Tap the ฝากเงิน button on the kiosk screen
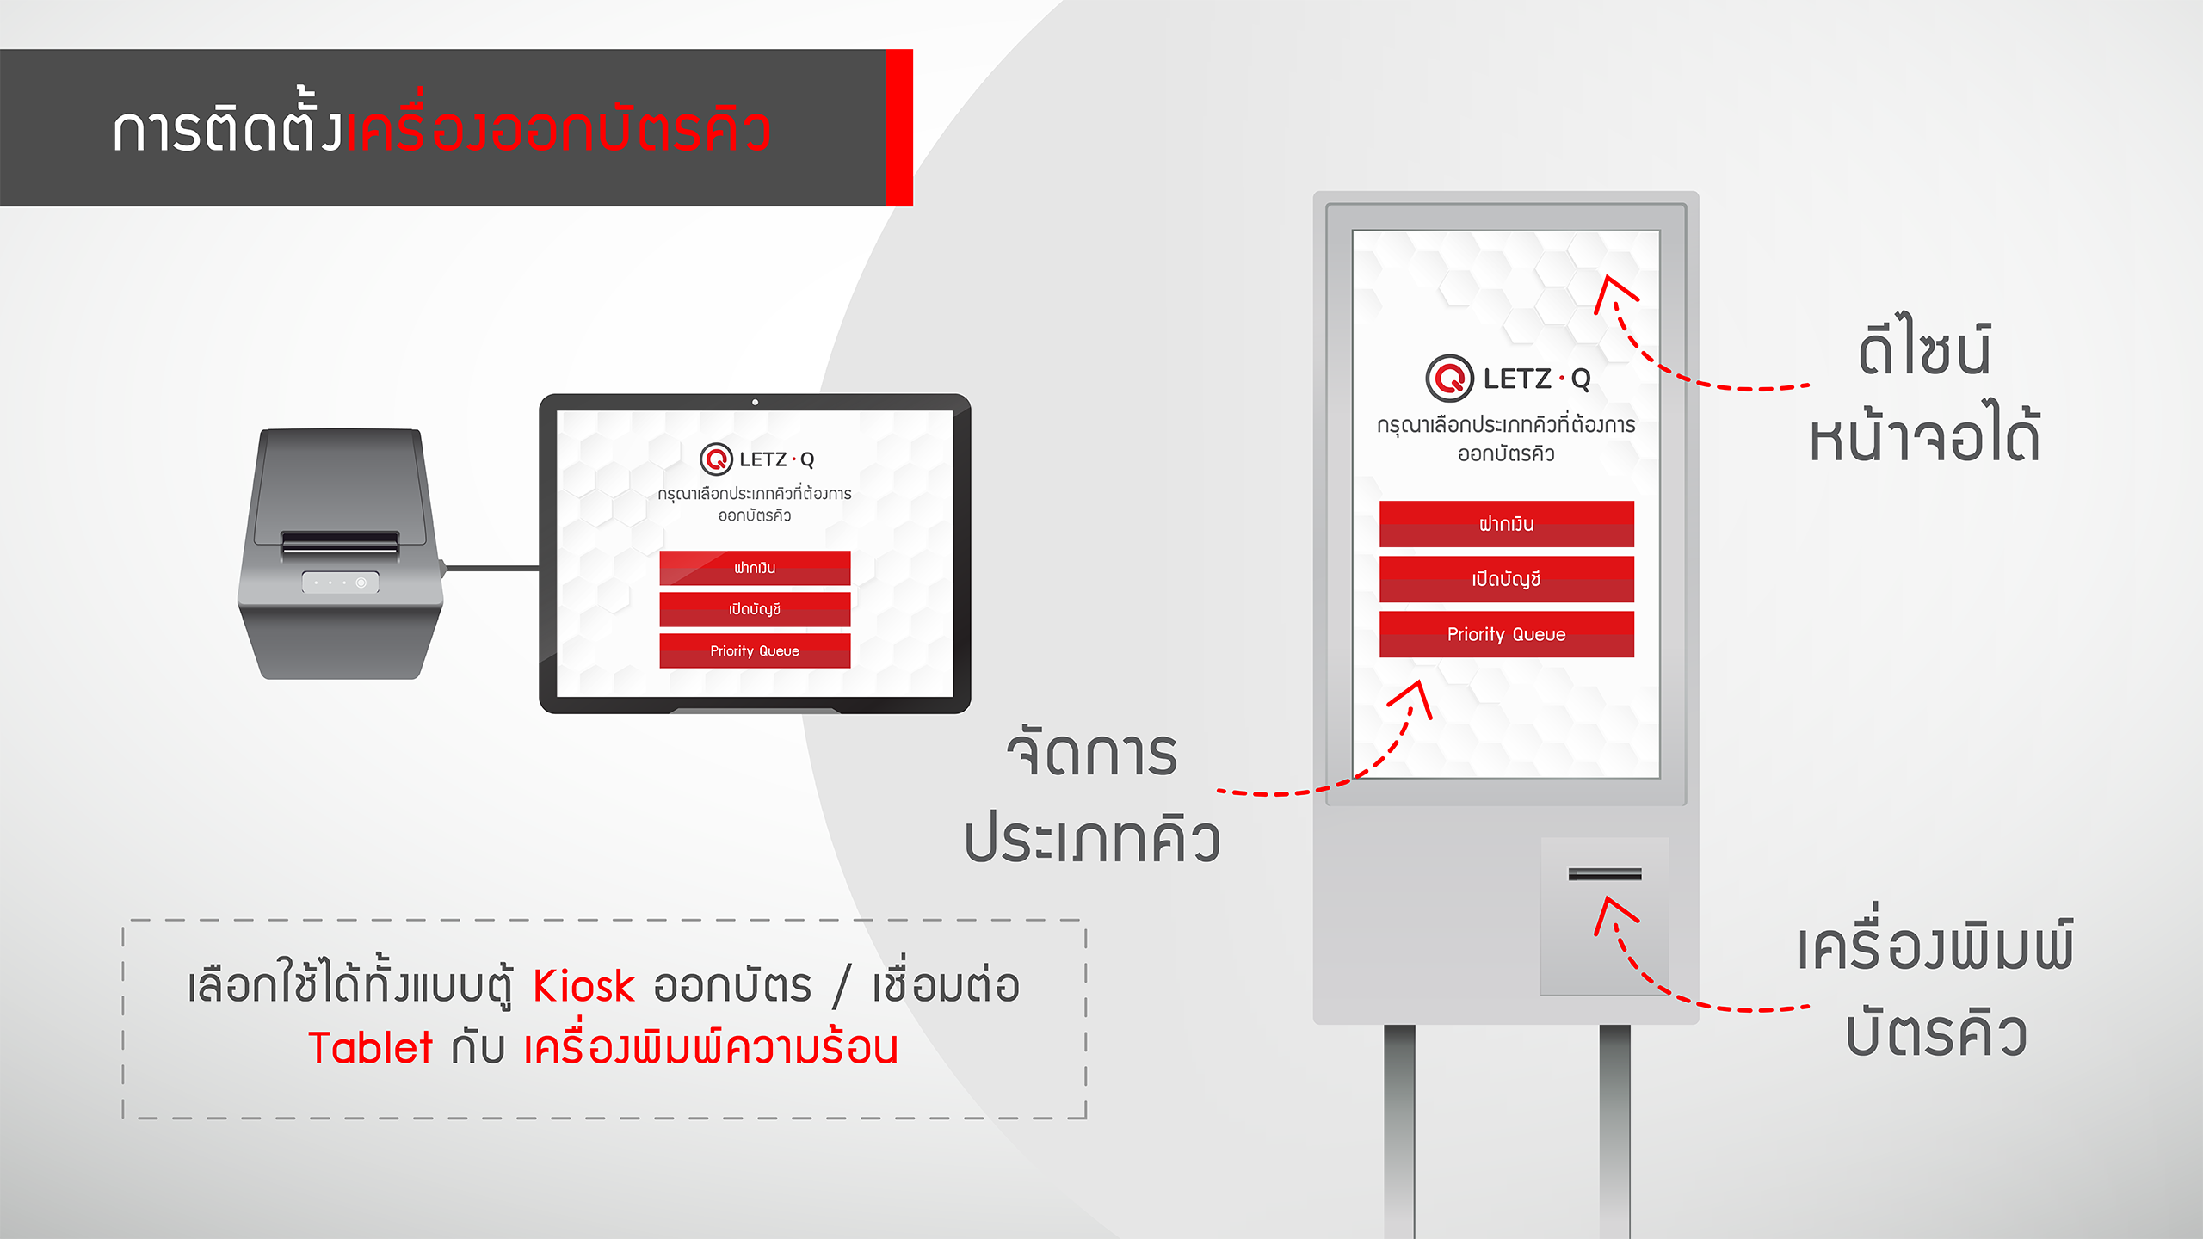point(1506,523)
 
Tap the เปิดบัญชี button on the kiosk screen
point(1506,579)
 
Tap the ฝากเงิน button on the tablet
point(755,568)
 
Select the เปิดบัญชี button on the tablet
point(755,609)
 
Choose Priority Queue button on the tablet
point(755,650)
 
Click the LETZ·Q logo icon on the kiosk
point(1450,378)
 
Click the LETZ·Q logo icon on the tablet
point(716,459)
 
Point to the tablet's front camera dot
point(755,402)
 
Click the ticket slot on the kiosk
point(1605,874)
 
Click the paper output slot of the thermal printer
point(340,544)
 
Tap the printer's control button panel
point(340,583)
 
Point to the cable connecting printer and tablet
point(491,568)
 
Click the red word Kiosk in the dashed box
point(583,986)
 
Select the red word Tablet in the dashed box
point(370,1048)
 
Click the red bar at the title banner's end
point(899,127)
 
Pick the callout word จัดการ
point(1091,752)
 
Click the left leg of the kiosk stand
point(1399,1131)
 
